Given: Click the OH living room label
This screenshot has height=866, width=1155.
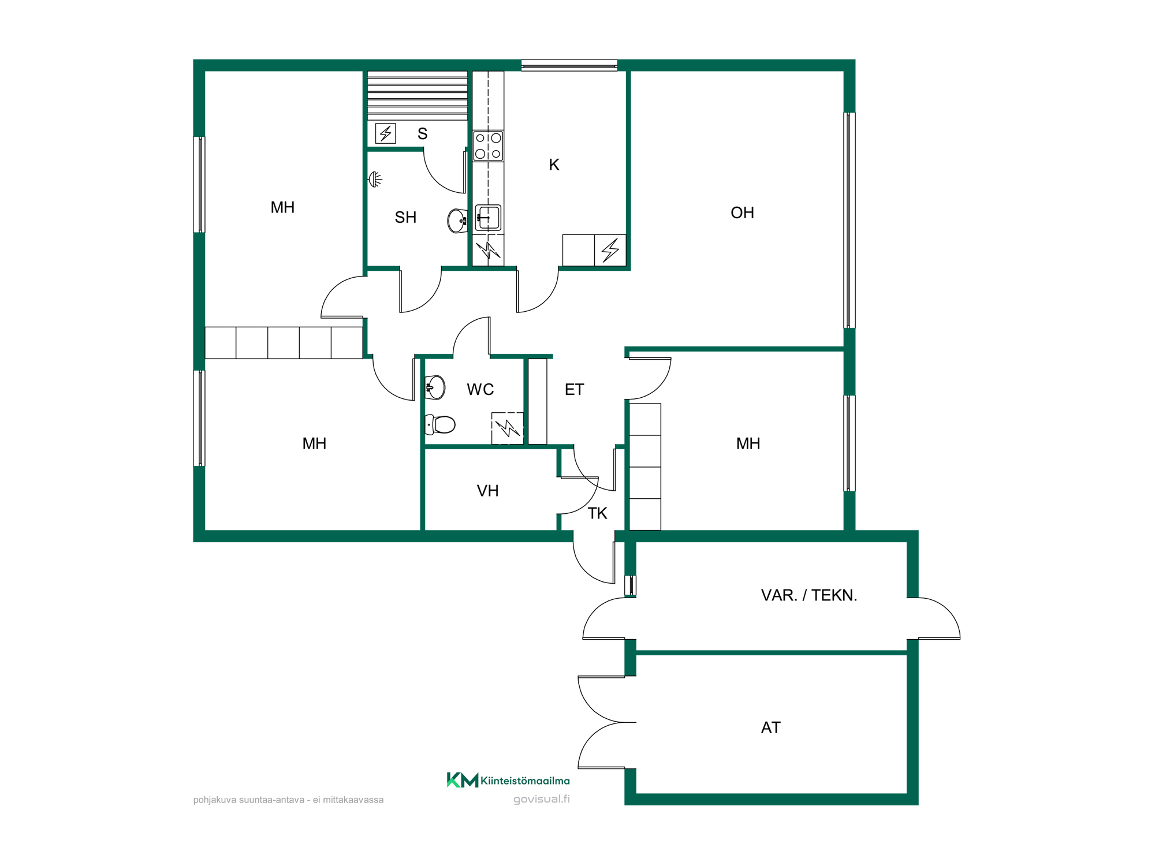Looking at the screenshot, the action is [742, 213].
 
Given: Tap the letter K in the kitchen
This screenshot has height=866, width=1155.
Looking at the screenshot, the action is [554, 165].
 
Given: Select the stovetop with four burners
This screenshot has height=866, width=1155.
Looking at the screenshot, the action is [488, 146].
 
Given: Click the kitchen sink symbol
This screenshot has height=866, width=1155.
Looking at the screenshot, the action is [488, 218].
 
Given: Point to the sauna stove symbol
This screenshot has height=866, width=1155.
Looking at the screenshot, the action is [385, 133].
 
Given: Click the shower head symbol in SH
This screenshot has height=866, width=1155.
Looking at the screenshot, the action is [375, 180].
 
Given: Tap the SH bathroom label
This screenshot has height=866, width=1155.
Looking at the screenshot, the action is [405, 218].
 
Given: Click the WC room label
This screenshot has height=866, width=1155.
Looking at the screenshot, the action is [480, 390].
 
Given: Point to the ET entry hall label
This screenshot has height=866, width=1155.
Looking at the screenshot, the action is [574, 390].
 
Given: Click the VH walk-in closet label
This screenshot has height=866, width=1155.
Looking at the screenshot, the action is [487, 491].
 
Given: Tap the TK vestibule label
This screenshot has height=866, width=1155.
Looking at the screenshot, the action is [597, 514].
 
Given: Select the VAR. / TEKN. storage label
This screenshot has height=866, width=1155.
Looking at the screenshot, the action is [808, 595].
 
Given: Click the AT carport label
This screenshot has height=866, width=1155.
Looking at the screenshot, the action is [770, 728].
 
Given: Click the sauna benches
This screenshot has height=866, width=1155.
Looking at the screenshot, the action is [418, 96].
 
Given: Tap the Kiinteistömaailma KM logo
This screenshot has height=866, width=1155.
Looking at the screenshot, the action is [508, 781].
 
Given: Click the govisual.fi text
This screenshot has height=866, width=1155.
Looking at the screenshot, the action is [542, 800].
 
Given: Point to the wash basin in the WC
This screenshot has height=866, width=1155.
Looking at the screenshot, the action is [435, 387].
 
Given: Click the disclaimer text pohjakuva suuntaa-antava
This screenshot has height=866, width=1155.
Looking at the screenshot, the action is [288, 800].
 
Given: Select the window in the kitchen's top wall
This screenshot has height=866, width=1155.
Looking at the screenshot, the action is [569, 65].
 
